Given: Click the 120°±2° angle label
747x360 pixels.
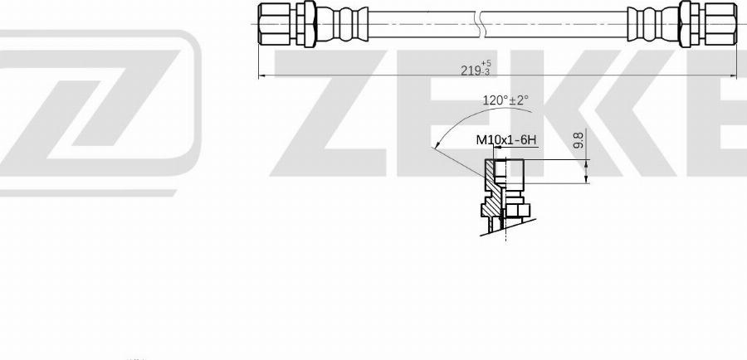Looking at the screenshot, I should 505,100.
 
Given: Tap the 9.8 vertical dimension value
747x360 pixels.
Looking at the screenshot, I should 579,140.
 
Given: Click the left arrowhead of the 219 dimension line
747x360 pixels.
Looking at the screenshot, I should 263,77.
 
